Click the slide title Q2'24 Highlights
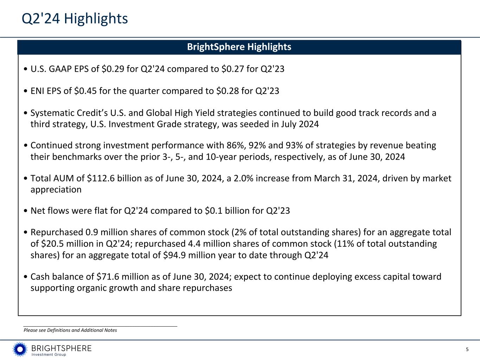tap(75, 19)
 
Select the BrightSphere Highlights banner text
tap(239, 47)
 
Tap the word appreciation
tap(56, 189)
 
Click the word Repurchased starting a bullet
tap(57, 233)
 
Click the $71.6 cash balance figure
tap(109, 277)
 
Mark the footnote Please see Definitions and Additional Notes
tap(70, 330)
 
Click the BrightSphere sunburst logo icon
tap(20, 349)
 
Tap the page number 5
tap(467, 349)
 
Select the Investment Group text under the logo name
tap(49, 355)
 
